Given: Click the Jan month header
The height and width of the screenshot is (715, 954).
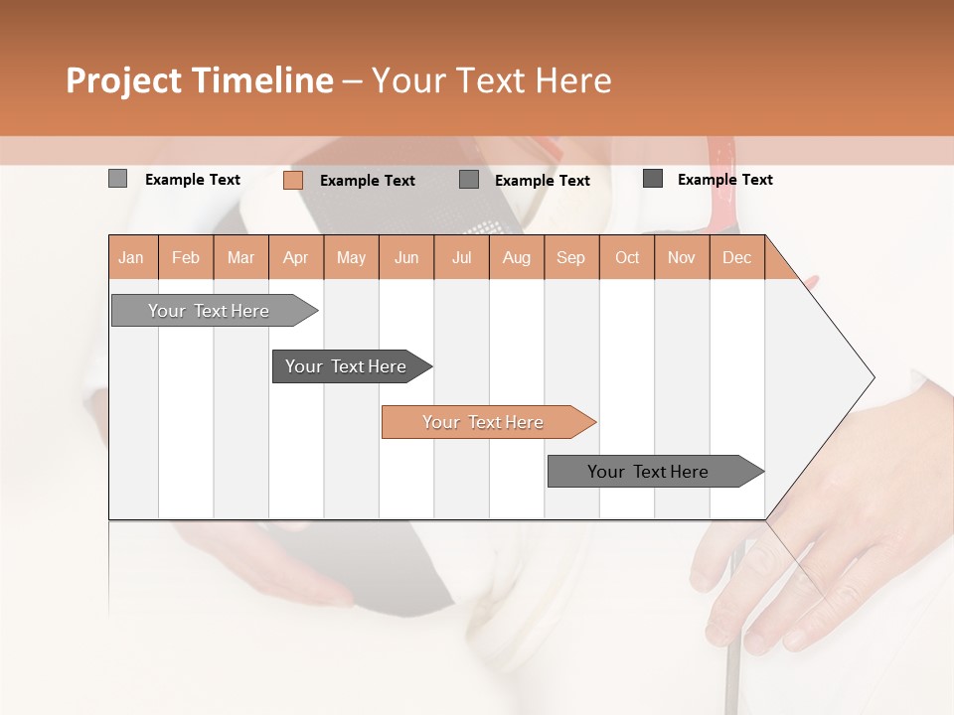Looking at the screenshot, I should (x=131, y=257).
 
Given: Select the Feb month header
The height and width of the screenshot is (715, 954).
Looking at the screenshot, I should (x=186, y=257).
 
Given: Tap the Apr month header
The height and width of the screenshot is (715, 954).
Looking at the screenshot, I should (x=295, y=257).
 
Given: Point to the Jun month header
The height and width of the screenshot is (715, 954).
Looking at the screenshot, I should (x=406, y=257).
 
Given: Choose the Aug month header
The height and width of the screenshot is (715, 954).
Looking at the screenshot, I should (x=516, y=257).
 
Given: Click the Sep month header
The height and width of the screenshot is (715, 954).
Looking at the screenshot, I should (x=570, y=257).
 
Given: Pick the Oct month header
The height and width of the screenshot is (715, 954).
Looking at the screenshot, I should (x=627, y=257).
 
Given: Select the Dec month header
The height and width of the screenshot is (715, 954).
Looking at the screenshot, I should (x=736, y=257).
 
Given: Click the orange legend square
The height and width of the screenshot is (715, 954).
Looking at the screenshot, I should (x=293, y=180).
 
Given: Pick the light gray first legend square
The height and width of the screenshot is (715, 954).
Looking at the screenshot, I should (x=117, y=179).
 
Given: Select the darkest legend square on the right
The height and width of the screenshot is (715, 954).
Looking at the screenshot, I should (x=653, y=179).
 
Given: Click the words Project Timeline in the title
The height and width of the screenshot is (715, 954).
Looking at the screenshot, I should (x=199, y=80).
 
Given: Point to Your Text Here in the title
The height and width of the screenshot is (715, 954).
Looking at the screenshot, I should (x=491, y=80).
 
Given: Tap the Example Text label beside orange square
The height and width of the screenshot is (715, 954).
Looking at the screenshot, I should (x=368, y=181).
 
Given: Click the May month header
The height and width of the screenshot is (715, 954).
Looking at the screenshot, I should (x=351, y=257).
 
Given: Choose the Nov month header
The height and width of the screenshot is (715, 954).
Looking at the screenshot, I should (x=682, y=257).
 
